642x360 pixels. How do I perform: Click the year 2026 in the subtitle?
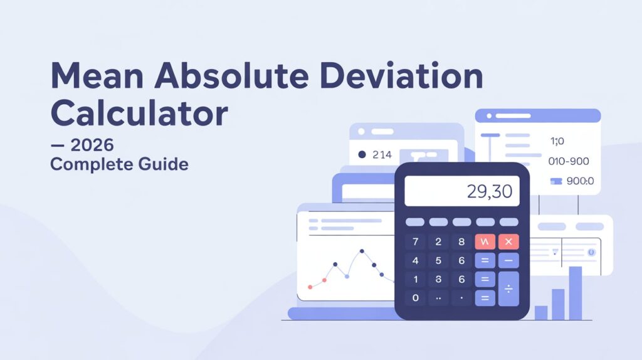pyautogui.click(x=92, y=146)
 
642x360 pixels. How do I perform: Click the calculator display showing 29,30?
pyautogui.click(x=462, y=191)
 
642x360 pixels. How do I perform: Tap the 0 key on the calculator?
pyautogui.click(x=415, y=297)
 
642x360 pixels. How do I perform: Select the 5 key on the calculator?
pyautogui.click(x=438, y=260)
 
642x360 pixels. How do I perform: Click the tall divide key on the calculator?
pyautogui.click(x=508, y=289)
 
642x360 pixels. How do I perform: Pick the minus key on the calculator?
pyautogui.click(x=508, y=260)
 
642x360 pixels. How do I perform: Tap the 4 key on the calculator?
pyautogui.click(x=415, y=260)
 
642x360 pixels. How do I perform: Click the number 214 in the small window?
pyautogui.click(x=382, y=154)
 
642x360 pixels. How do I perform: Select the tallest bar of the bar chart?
pyautogui.click(x=575, y=293)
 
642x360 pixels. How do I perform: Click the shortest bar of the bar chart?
pyautogui.click(x=540, y=312)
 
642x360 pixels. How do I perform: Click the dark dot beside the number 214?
pyautogui.click(x=361, y=154)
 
